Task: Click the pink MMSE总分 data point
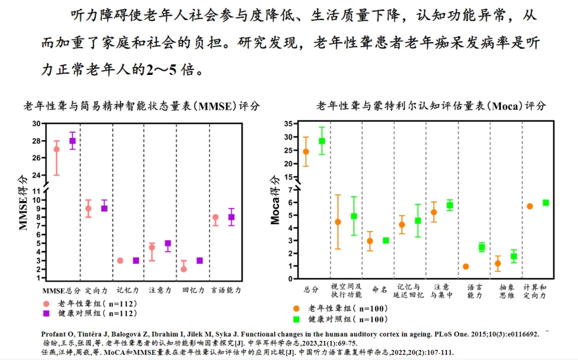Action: click(x=56, y=149)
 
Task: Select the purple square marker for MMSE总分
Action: click(x=72, y=141)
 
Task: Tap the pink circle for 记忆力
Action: click(x=120, y=261)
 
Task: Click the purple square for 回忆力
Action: click(x=200, y=261)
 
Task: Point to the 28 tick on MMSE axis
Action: click(x=36, y=141)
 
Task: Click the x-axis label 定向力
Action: click(x=96, y=290)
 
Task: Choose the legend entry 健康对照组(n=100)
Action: click(x=348, y=319)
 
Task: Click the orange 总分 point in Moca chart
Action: click(x=306, y=151)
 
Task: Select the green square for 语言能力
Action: click(x=482, y=247)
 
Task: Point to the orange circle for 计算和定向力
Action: click(x=530, y=206)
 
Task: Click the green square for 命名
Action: click(x=385, y=240)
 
